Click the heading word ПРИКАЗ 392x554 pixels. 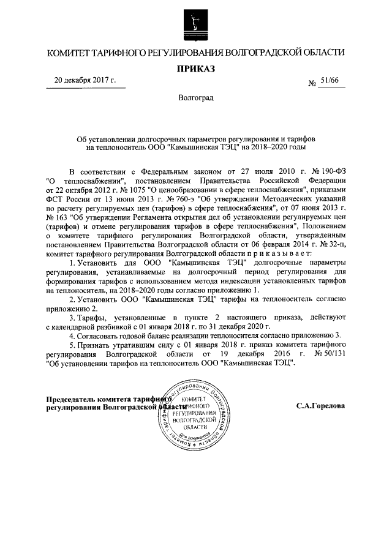pos(196,70)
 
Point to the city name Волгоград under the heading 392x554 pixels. pos(196,99)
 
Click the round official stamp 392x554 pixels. pos(195,411)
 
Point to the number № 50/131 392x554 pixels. pos(331,353)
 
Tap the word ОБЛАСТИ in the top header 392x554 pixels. pos(319,53)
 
